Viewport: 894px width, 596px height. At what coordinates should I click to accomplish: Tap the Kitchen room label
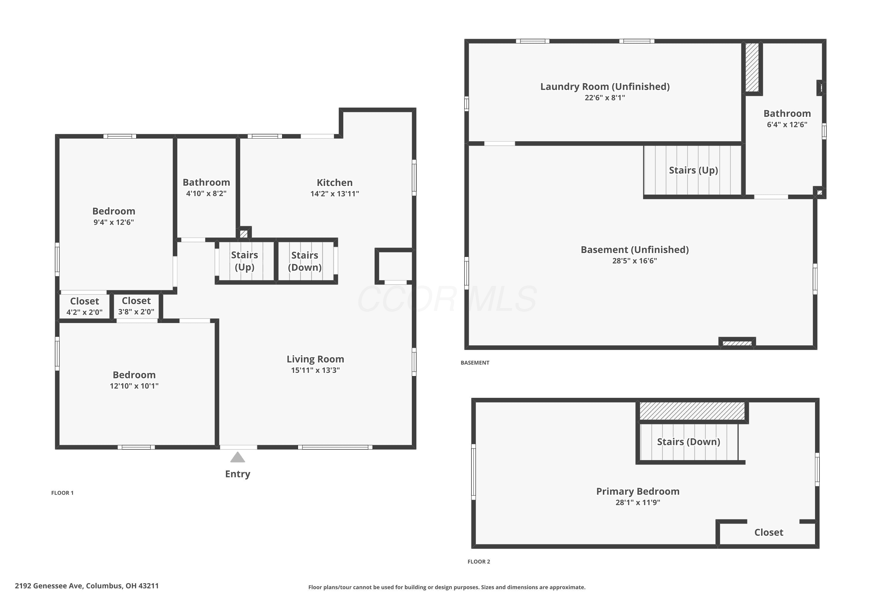[x=334, y=182]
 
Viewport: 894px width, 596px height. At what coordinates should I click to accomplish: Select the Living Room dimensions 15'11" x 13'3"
[x=316, y=370]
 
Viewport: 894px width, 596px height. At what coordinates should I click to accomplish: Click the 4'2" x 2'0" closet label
[x=84, y=312]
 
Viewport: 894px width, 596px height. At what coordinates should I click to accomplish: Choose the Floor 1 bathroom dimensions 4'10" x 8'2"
[x=207, y=193]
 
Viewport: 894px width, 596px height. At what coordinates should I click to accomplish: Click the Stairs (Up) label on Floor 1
[x=244, y=261]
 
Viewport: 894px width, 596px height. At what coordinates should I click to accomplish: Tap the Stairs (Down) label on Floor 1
[x=305, y=261]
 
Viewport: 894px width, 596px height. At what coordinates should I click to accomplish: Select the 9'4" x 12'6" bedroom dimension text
[x=114, y=222]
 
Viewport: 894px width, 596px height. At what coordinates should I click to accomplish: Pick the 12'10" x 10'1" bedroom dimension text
[x=134, y=386]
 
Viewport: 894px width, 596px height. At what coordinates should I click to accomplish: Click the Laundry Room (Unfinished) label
[x=605, y=87]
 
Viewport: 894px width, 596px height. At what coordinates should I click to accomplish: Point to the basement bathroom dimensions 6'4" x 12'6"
[x=787, y=125]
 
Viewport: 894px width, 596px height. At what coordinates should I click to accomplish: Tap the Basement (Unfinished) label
[x=634, y=250]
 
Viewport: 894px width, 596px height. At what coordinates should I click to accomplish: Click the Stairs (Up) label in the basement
[x=693, y=170]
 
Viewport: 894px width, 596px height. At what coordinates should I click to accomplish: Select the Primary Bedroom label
[x=638, y=491]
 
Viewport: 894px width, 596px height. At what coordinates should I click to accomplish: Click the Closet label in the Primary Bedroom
[x=769, y=532]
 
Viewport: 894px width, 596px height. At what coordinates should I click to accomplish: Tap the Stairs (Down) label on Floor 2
[x=688, y=442]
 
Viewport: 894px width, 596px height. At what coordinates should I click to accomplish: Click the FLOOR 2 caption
[x=479, y=562]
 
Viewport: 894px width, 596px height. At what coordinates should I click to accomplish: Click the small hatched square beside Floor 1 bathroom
[x=244, y=234]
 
